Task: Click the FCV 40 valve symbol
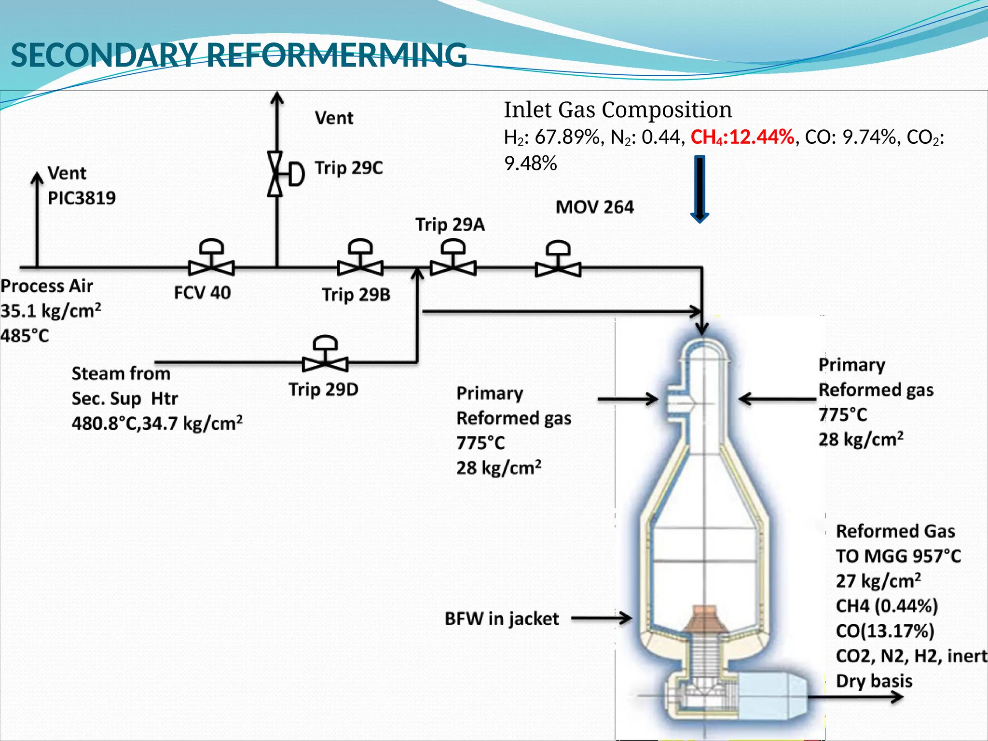coord(211,267)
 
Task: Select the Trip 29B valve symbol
coord(360,267)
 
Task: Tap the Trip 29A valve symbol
coord(453,267)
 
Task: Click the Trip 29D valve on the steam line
coord(325,363)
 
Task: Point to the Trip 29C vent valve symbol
coord(276,174)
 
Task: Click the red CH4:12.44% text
coord(742,137)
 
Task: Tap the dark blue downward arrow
coord(700,189)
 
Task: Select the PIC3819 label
coord(82,198)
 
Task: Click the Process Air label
coord(47,286)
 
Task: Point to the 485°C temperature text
coord(25,336)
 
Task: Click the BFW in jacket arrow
coord(601,618)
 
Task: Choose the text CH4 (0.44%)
coord(887,606)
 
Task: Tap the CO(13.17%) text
coord(885,631)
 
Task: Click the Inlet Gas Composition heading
coord(617,110)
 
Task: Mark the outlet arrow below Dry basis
coord(854,697)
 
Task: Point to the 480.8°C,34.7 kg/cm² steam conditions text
coord(157,424)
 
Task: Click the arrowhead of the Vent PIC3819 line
coord(37,178)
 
